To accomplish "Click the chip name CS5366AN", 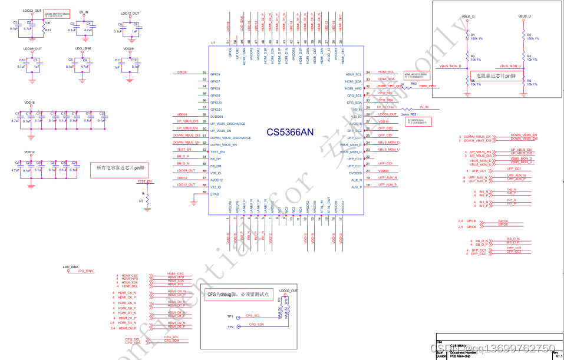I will [x=289, y=133].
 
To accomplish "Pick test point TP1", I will [x=230, y=317].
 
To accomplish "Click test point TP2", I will [x=230, y=326].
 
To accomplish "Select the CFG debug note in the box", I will [x=238, y=293].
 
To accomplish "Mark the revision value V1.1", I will [x=558, y=356].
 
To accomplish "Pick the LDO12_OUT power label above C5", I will [x=130, y=13].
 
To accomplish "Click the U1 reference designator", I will [x=213, y=43].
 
